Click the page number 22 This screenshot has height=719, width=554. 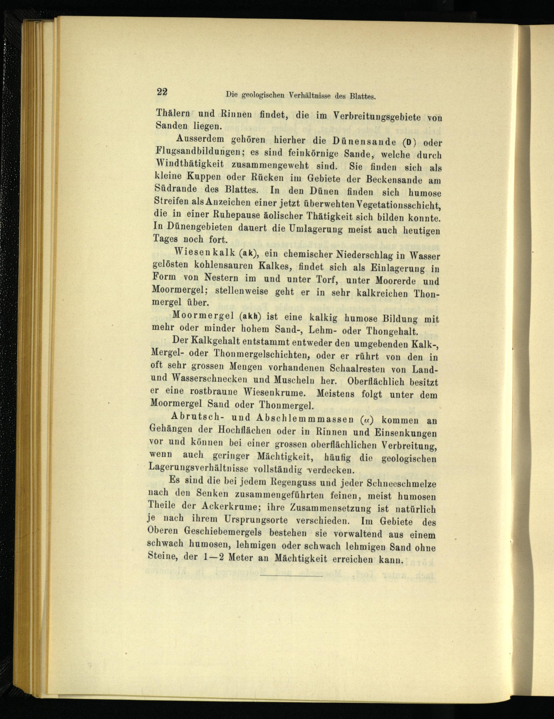162,93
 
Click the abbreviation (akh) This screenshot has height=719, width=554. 250,316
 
